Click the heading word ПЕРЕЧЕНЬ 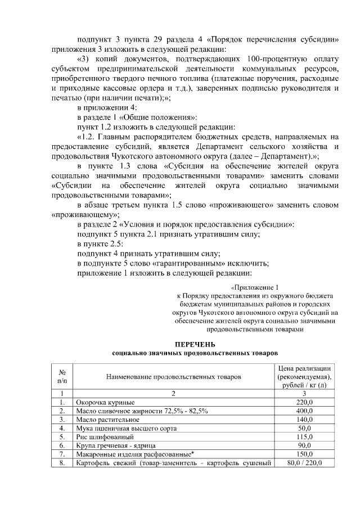click(x=195, y=344)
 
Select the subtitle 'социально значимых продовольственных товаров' click(x=195, y=353)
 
